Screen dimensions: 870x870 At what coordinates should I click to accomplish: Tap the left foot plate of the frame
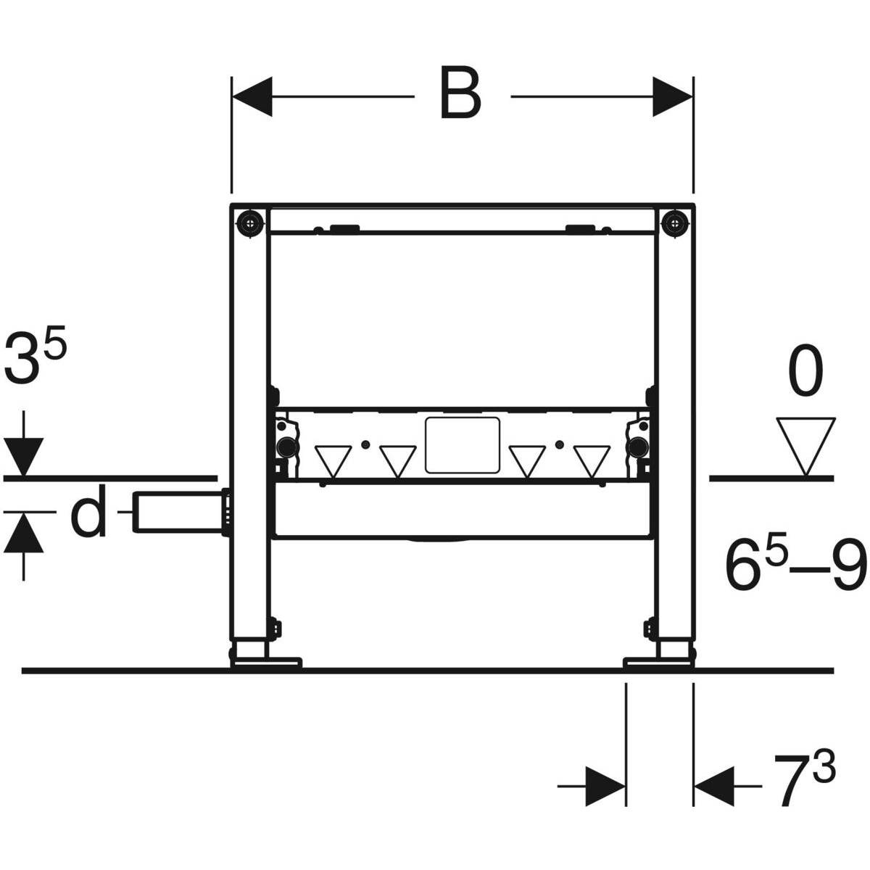tap(265, 661)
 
